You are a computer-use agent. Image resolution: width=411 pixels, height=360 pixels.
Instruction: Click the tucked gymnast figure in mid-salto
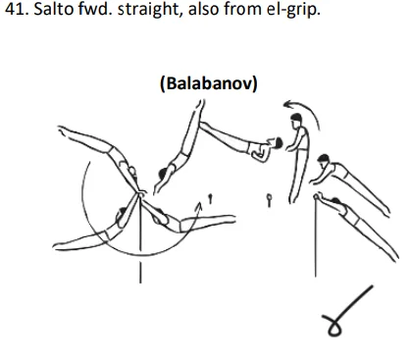pyautogui.click(x=259, y=148)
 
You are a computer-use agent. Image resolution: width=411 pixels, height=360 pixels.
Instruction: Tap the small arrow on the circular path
pyautogui.click(x=202, y=210)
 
